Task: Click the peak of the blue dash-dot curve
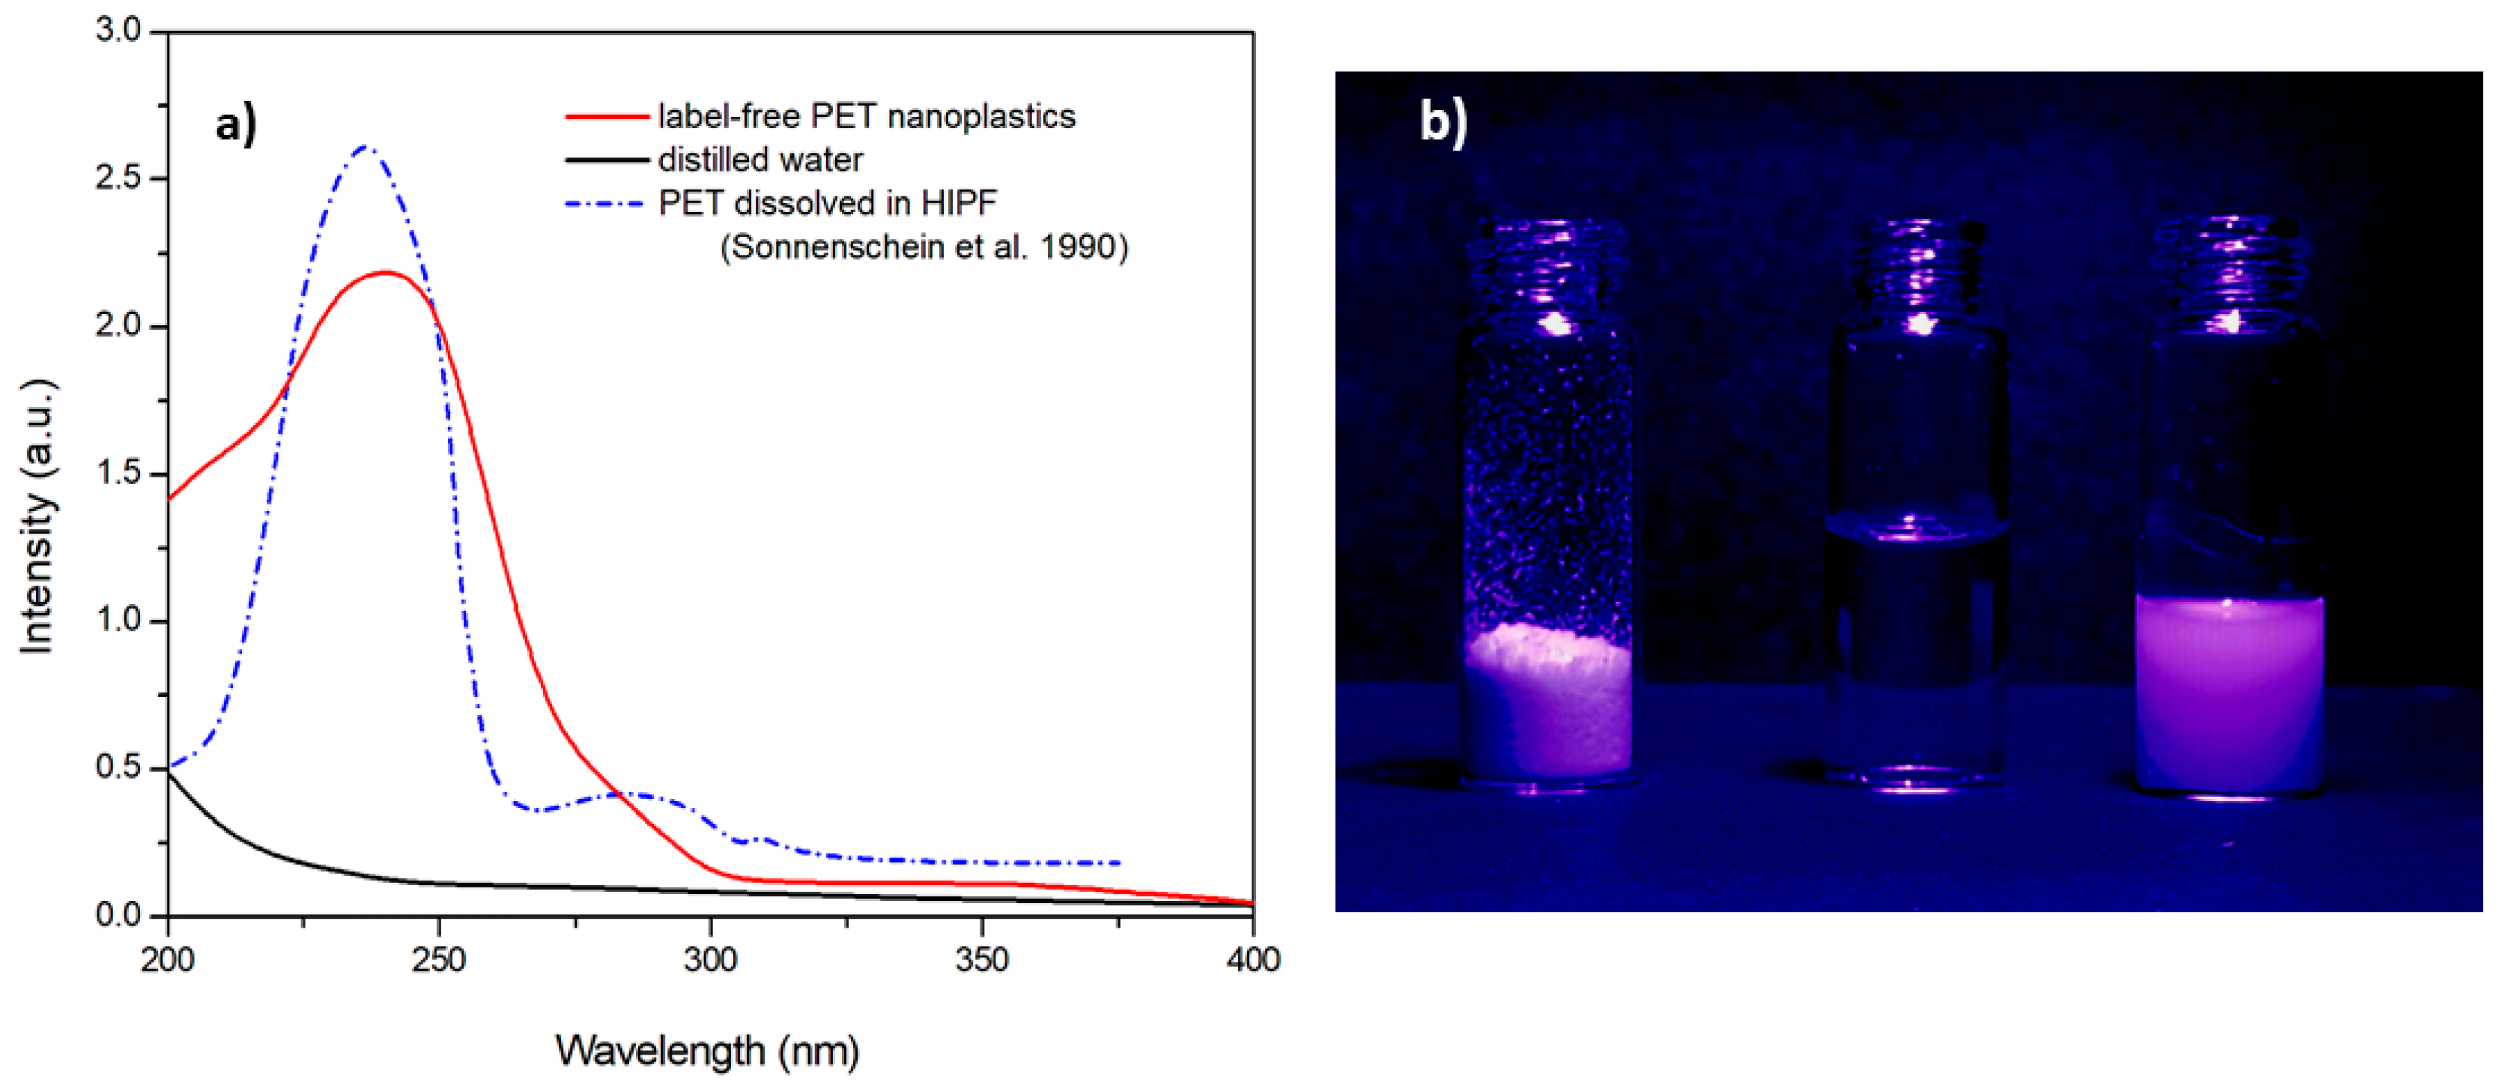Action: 366,147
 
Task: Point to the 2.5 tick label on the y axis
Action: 118,178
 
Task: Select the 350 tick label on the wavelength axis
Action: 982,961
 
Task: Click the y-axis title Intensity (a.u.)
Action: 38,516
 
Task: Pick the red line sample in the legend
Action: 607,117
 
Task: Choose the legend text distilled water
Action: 760,160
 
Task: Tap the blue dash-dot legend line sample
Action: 604,203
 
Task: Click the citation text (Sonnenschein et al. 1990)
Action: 924,247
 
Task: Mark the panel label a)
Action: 236,124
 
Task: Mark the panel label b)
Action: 1443,121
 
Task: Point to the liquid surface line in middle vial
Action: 1917,530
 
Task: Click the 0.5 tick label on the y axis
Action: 118,767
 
